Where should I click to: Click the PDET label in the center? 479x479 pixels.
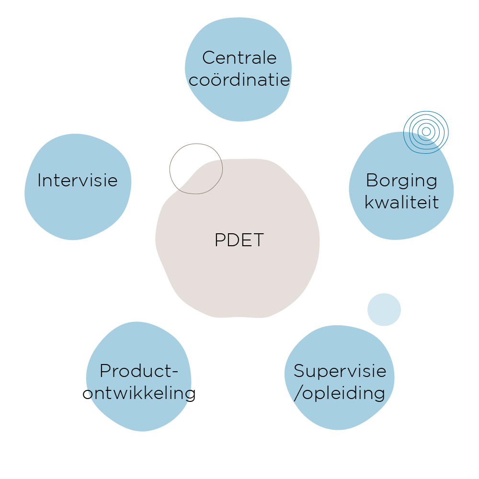tap(239, 240)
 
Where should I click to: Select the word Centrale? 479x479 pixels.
tap(239, 58)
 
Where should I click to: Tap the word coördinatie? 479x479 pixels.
tap(239, 79)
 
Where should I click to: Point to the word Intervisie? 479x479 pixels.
tap(78, 181)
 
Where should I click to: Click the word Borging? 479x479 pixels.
tap(401, 181)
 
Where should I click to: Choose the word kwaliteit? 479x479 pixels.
tap(401, 202)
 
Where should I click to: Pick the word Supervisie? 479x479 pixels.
tap(340, 371)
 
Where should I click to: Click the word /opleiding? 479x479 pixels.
tap(340, 393)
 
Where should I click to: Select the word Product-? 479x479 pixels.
tap(139, 371)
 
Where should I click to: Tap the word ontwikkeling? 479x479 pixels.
tap(139, 393)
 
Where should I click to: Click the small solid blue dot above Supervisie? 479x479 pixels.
tap(384, 309)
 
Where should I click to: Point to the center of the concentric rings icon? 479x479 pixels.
tap(426, 131)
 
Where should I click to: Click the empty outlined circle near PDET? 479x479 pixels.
tap(196, 169)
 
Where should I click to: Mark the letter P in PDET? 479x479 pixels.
tap(219, 240)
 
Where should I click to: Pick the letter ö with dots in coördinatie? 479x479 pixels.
tap(214, 79)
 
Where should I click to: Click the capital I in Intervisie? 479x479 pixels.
tap(39, 181)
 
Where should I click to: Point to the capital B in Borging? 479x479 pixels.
tap(371, 181)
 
